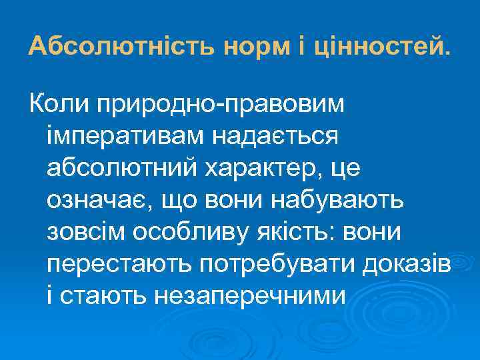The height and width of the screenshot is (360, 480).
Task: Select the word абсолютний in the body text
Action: [117, 168]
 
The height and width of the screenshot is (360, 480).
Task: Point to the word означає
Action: [93, 199]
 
